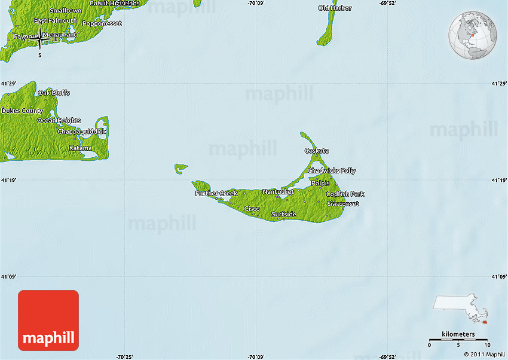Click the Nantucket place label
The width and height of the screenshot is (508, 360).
click(x=278, y=192)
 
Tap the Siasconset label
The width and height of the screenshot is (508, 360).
click(x=343, y=204)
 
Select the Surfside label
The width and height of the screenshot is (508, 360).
click(x=283, y=214)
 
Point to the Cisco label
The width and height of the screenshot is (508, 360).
click(x=252, y=209)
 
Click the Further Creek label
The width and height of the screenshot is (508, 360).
click(x=216, y=193)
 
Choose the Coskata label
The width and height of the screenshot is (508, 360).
click(x=316, y=151)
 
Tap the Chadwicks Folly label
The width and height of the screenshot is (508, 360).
click(x=332, y=171)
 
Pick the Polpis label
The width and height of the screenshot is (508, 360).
click(x=320, y=183)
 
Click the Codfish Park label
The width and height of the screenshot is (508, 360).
click(x=345, y=194)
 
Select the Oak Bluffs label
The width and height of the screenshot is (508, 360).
click(x=54, y=93)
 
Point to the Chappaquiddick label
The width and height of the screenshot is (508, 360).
click(x=81, y=131)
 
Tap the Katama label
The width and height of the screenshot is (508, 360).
click(x=80, y=148)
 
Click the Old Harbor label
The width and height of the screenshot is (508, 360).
click(x=335, y=8)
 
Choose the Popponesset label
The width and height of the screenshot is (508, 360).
click(x=102, y=23)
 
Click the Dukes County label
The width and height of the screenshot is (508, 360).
click(x=22, y=111)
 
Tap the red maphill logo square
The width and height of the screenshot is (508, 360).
click(x=48, y=321)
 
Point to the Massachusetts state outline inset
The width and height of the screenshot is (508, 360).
click(x=461, y=306)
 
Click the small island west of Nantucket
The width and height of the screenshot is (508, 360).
click(x=181, y=168)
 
